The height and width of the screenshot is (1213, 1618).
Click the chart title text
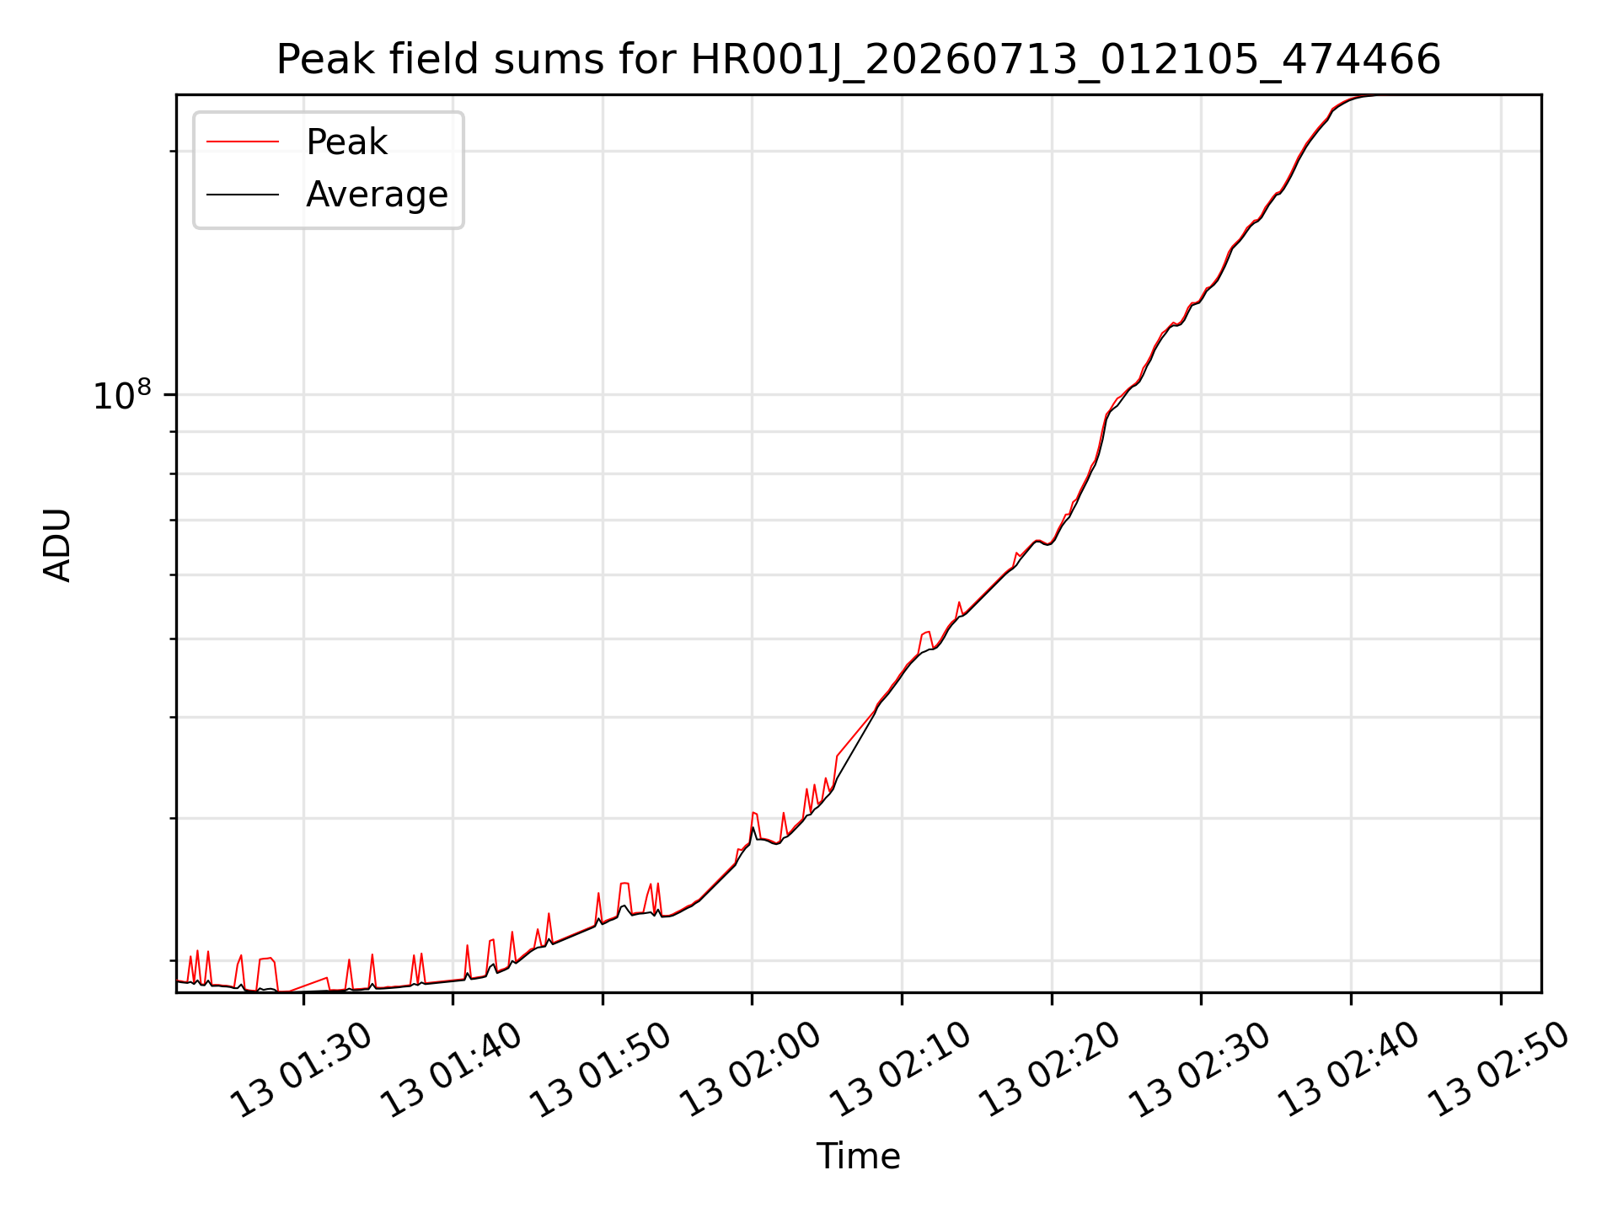pos(858,60)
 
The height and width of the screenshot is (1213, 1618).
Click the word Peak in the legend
pos(346,142)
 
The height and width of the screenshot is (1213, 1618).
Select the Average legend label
pos(377,195)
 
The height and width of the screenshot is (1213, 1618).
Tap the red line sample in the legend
pos(243,142)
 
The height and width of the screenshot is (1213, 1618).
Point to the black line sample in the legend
pos(243,195)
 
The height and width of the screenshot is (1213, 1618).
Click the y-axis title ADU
pos(57,544)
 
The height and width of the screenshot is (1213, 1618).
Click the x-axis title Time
pos(858,1157)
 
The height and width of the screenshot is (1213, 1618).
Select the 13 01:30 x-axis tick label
pos(301,1070)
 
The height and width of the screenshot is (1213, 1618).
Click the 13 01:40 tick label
pos(451,1070)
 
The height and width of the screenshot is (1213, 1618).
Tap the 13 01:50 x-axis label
pos(600,1070)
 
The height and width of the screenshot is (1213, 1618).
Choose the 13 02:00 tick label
pos(750,1070)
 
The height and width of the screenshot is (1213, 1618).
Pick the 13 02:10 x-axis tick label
pos(900,1070)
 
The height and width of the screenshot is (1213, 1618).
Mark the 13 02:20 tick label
pos(1049,1070)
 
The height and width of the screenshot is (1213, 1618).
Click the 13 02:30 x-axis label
pos(1199,1070)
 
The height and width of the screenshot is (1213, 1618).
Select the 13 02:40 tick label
pos(1349,1070)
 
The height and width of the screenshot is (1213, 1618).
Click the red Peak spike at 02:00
pos(754,813)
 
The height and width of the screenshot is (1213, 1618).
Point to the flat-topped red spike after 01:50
pos(624,884)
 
